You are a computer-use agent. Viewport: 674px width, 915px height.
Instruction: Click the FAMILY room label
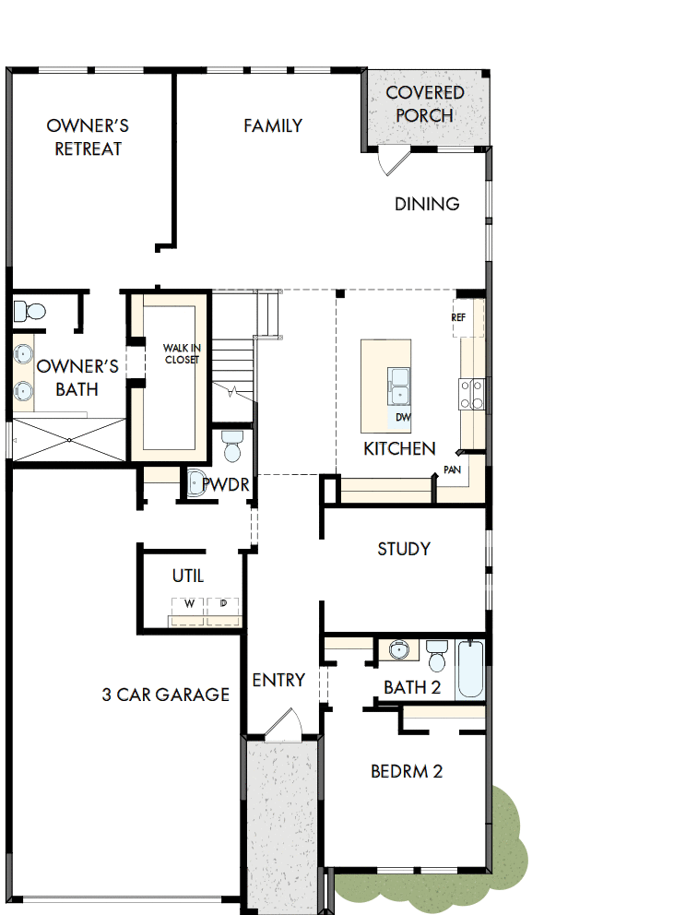click(x=273, y=125)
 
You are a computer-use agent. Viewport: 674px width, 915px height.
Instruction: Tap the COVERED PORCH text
click(x=424, y=104)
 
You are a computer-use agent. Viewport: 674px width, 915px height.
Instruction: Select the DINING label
click(x=427, y=204)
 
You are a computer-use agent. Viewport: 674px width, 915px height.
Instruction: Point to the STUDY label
click(x=404, y=549)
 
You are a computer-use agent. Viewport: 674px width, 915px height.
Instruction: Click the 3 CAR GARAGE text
click(x=165, y=695)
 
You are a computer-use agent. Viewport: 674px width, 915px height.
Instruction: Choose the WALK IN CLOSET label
click(x=181, y=353)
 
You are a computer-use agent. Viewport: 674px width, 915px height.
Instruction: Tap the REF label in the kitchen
click(x=459, y=317)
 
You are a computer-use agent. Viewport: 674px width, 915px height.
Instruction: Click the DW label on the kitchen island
click(x=402, y=417)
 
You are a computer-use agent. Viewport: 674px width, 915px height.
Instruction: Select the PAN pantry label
click(x=452, y=469)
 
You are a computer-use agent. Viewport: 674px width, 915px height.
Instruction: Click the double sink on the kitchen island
click(x=399, y=386)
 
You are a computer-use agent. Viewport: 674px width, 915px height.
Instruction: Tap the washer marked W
click(x=189, y=604)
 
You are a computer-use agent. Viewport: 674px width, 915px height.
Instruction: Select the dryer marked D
click(x=223, y=604)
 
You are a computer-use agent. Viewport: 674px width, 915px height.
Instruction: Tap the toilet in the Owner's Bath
click(x=30, y=311)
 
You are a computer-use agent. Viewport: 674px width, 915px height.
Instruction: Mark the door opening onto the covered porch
click(x=394, y=160)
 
